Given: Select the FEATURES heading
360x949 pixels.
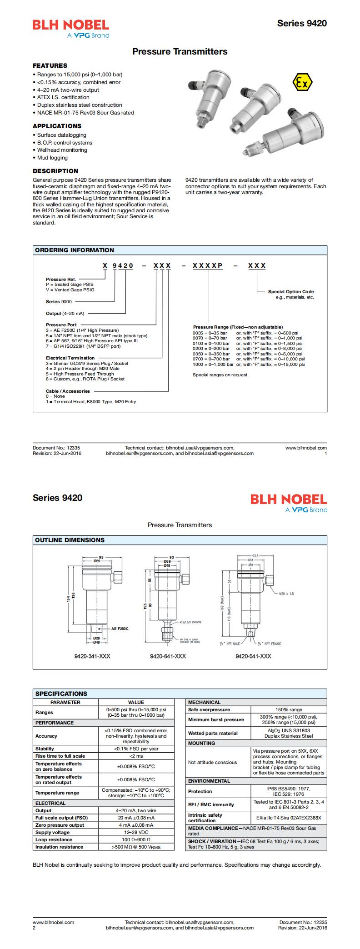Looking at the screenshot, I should pos(50,65).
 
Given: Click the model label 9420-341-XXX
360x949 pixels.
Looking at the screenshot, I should pos(92,656).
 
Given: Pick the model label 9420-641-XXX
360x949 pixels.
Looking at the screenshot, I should pos(168,656).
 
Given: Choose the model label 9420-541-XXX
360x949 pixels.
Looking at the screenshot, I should pos(253,656).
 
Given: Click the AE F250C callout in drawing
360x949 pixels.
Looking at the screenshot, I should pos(120,629).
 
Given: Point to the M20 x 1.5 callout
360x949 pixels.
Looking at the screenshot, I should pos(286,594).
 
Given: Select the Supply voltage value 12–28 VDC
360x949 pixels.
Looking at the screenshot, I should pos(136,832).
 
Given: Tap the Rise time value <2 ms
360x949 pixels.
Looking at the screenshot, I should pos(136,756).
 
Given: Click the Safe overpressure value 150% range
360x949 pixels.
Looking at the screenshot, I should pos(288,709).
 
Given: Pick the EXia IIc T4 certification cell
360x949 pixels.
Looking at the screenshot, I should pos(288,818).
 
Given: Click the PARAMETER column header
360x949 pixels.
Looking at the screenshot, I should pos(65,702).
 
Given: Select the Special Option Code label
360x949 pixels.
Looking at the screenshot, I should pos(291,292).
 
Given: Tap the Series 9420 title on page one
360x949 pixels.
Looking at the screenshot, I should pos(302,24).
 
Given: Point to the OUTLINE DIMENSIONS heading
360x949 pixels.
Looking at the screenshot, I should pos(70,540).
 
